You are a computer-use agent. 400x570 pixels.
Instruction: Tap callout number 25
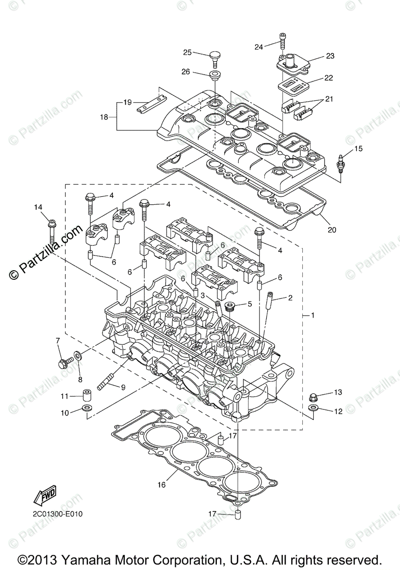187,52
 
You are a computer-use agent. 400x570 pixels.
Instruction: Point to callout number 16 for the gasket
162,485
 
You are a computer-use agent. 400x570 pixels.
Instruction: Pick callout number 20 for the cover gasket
332,230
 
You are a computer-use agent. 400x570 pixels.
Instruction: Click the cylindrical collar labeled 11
87,395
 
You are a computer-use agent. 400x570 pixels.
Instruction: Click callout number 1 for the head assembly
311,315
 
